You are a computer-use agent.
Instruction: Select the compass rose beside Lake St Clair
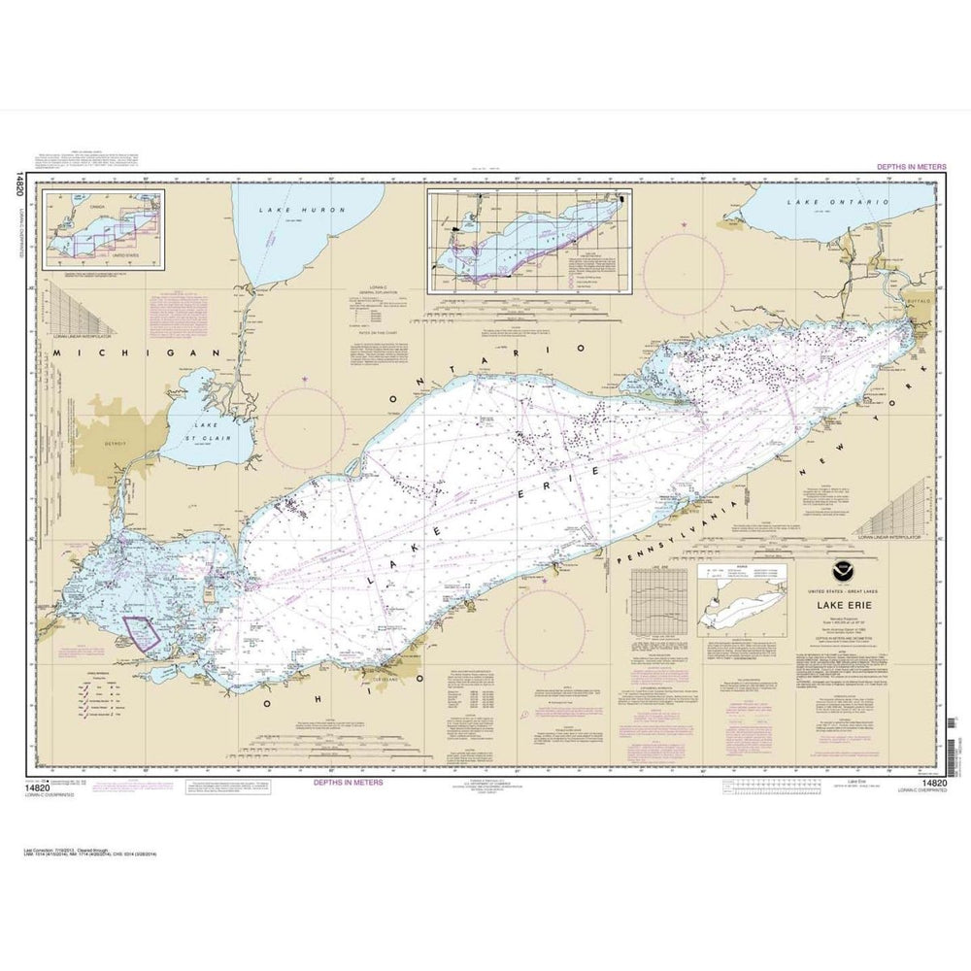304,428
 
